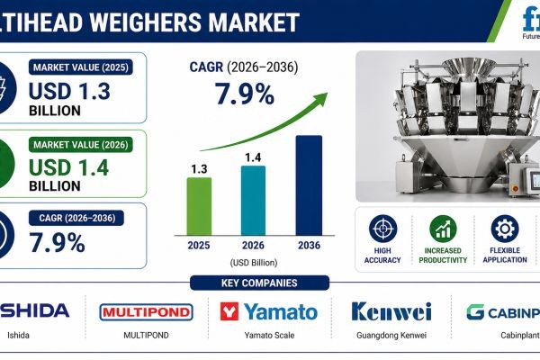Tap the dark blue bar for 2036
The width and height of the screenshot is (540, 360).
(308, 183)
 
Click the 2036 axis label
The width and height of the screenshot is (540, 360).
(308, 244)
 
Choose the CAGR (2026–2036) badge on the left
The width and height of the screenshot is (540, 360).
(76, 218)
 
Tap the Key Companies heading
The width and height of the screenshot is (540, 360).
(269, 283)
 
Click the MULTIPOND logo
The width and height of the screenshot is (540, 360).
(146, 312)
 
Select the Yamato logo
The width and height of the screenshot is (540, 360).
(269, 312)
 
